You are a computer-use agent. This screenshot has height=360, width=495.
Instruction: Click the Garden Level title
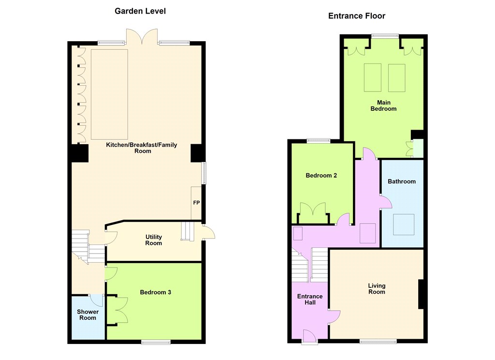(140, 11)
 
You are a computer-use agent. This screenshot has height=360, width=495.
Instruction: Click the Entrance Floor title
(357, 16)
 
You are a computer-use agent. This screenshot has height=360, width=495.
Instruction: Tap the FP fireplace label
(196, 203)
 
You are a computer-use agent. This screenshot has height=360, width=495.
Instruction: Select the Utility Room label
(154, 240)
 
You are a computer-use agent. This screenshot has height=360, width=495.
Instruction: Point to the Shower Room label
(88, 315)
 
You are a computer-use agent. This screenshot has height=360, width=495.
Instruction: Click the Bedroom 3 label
(156, 292)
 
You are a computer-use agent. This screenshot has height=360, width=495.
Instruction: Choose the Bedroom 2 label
(321, 176)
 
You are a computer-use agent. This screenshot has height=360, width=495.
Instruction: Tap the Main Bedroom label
(383, 105)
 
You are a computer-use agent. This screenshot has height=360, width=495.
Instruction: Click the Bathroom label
(402, 181)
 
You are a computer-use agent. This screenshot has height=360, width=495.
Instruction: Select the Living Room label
(377, 288)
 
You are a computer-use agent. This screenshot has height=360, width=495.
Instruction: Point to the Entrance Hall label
(310, 300)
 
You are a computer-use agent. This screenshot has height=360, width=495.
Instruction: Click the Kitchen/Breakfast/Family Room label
(142, 148)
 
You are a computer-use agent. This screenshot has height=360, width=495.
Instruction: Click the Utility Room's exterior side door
(208, 232)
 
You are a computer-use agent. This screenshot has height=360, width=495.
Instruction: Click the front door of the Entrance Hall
(310, 336)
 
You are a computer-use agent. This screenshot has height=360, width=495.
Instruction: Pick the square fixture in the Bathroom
(404, 225)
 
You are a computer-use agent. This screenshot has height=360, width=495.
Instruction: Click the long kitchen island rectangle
(110, 94)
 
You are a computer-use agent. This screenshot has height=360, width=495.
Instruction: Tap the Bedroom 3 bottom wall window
(156, 342)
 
